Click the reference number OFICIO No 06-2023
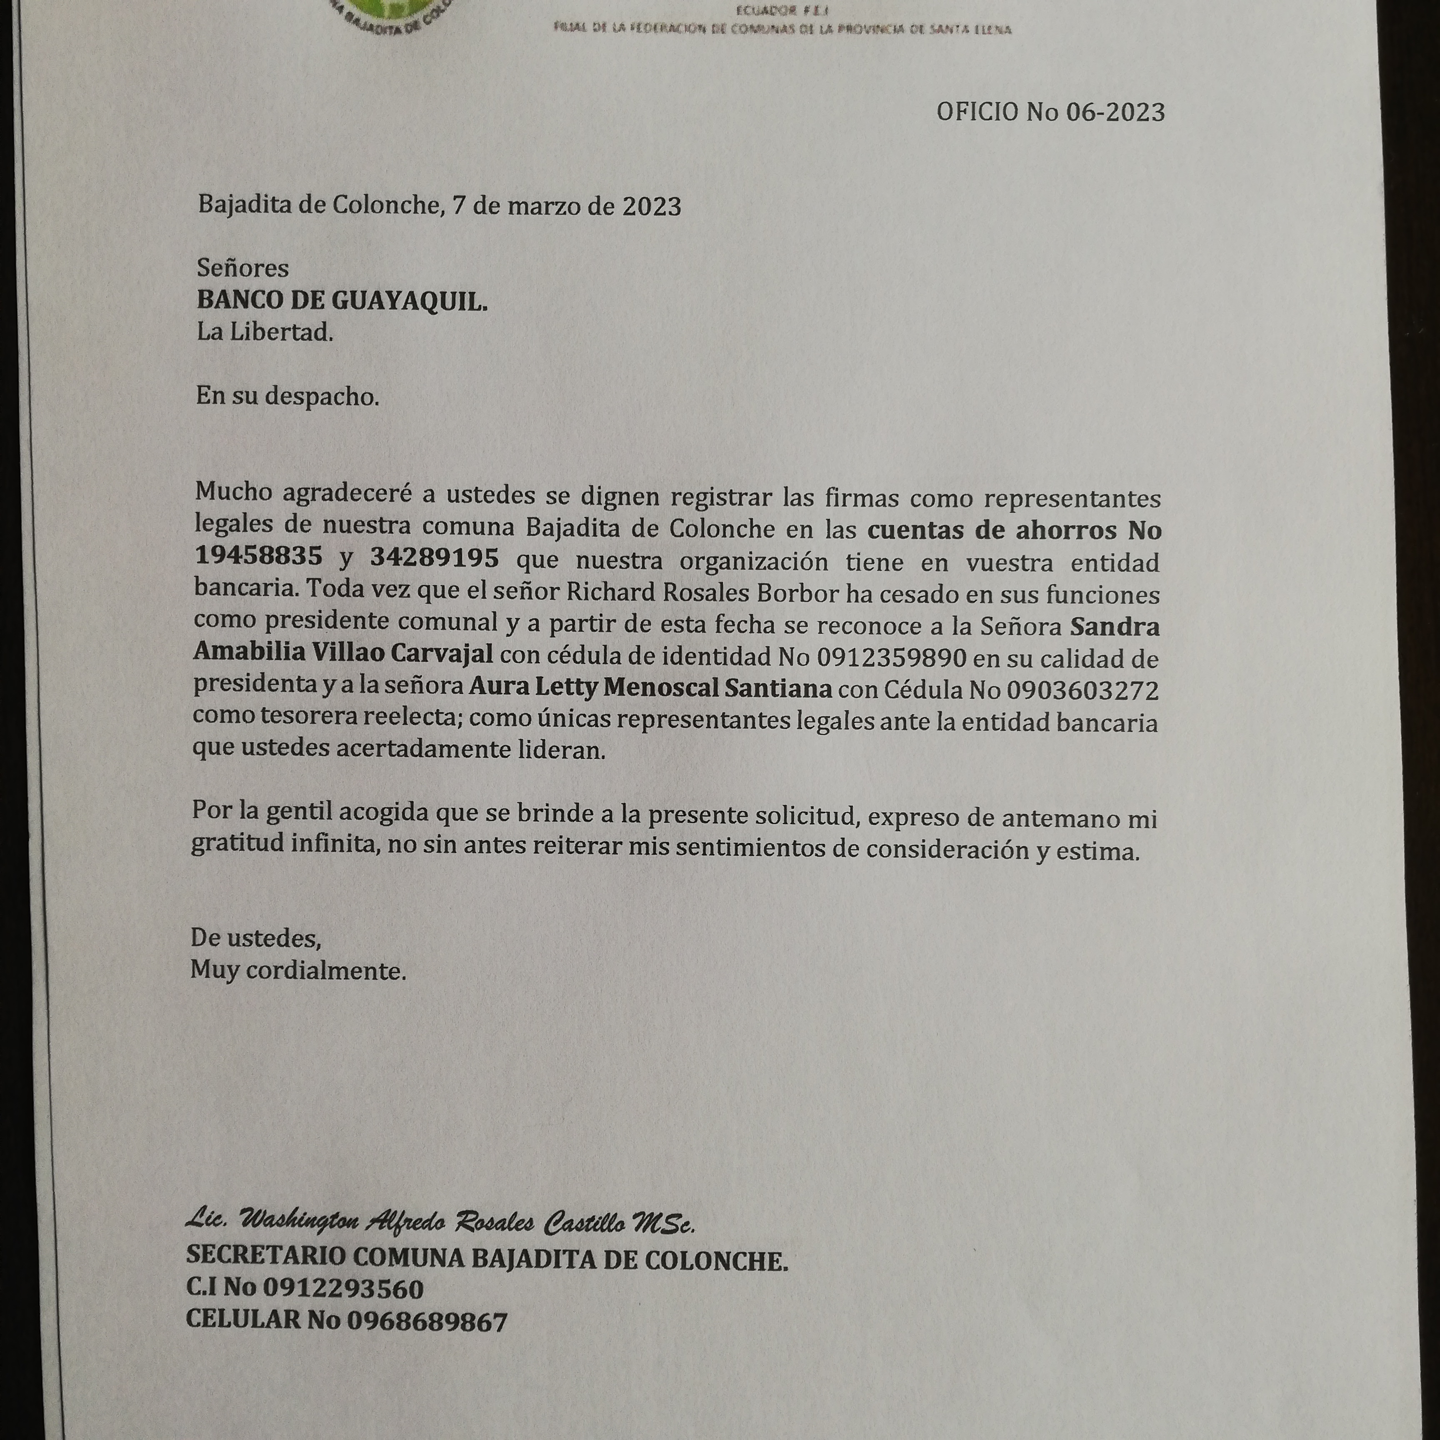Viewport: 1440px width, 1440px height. pos(1050,112)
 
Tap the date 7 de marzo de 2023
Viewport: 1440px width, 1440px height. pos(567,206)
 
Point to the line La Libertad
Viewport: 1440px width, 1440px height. pos(265,332)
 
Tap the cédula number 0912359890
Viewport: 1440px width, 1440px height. pos(891,657)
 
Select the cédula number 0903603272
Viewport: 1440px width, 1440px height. pos(1082,690)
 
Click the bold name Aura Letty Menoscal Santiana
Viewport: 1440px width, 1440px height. pos(650,687)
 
